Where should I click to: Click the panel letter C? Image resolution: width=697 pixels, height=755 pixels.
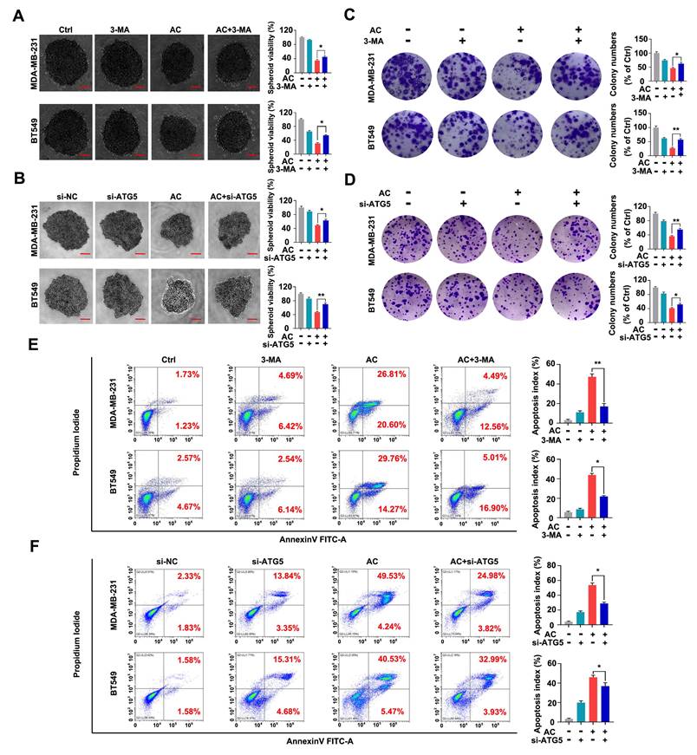349,15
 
